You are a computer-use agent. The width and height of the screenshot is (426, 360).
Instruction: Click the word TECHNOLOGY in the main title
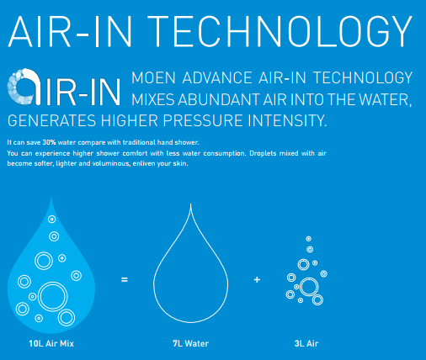point(280,31)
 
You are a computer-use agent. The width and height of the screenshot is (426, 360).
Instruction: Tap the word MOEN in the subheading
point(153,77)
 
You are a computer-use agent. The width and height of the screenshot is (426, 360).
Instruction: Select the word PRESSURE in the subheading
point(203,120)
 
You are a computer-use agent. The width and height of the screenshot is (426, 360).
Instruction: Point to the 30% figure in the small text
point(49,142)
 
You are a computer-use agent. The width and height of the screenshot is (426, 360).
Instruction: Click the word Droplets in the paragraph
point(263,153)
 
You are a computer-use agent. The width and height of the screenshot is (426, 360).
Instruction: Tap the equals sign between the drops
point(125,279)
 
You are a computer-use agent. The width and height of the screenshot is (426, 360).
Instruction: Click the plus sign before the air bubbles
point(257,279)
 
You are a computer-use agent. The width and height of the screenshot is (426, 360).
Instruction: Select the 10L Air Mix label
point(51,343)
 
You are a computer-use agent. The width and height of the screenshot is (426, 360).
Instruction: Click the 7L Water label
point(191,343)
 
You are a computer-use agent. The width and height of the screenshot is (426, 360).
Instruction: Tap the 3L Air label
point(306,343)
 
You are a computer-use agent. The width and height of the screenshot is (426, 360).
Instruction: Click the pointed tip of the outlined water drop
point(191,204)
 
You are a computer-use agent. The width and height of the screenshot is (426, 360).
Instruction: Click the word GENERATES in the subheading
point(51,121)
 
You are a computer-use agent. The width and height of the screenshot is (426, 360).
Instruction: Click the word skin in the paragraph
point(180,163)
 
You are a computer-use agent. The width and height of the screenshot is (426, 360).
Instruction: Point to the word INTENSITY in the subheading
point(287,120)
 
